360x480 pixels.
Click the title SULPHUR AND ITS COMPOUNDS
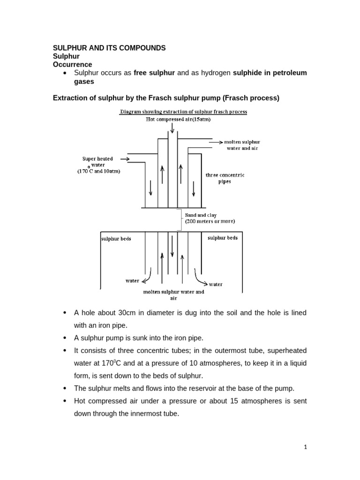click(x=109, y=48)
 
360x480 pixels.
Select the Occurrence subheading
click(x=72, y=64)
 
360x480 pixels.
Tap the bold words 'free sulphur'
click(x=154, y=73)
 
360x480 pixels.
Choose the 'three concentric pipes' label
click(x=225, y=178)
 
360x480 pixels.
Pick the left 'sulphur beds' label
click(x=116, y=238)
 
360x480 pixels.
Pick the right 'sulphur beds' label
click(x=222, y=238)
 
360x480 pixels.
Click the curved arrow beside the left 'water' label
click(x=148, y=277)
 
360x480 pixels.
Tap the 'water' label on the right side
click(x=216, y=284)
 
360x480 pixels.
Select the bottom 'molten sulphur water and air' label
click(x=173, y=294)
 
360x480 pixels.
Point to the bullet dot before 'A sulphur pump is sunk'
click(x=64, y=338)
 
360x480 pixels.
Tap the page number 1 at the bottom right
click(x=305, y=447)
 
